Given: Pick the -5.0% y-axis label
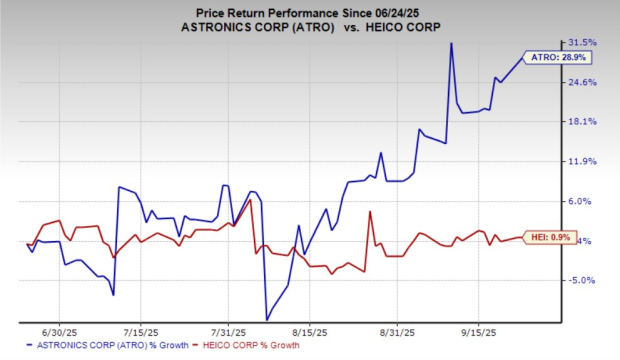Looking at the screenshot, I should tap(581, 280).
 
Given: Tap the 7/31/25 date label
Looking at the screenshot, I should tap(231, 329).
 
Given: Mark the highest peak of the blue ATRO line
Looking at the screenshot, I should tap(452, 44).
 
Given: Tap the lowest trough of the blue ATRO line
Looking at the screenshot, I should tap(266, 319).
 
